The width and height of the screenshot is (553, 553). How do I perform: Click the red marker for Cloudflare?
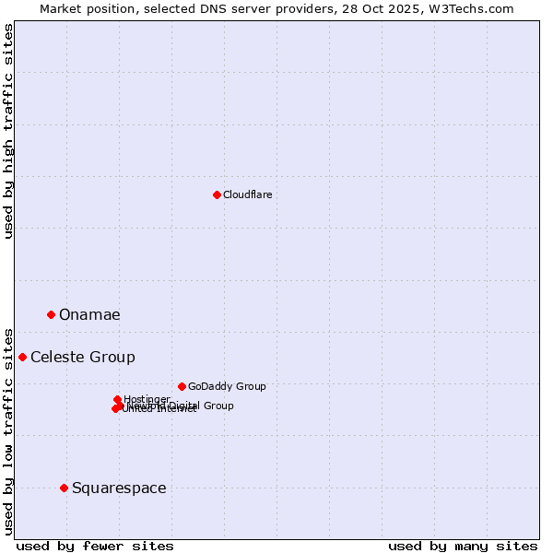217,194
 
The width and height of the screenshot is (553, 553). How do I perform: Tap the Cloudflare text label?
247,194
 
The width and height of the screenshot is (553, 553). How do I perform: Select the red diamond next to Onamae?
51,314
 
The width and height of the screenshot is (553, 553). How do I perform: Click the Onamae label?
89,315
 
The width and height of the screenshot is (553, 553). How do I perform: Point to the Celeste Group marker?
22,357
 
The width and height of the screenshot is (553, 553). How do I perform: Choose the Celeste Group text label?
83,358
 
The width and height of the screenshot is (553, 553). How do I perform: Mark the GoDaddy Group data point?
182,386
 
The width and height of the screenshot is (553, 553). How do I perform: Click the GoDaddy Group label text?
227,387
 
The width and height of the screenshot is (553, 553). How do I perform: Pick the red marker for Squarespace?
64,488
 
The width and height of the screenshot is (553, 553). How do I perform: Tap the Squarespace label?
119,488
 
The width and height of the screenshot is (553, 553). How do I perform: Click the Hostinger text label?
147,399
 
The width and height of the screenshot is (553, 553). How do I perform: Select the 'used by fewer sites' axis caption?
95,546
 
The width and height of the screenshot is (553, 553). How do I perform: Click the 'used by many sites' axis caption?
463,546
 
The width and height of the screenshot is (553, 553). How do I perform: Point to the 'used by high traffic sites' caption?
9,131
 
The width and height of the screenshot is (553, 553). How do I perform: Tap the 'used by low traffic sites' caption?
9,430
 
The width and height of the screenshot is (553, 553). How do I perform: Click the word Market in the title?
61,8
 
